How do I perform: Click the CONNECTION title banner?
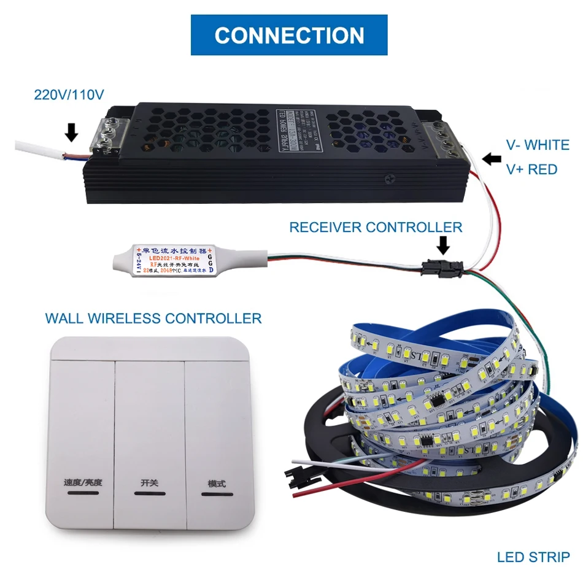tap(289, 35)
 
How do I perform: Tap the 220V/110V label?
tap(69, 95)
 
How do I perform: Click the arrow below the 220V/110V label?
tap(71, 130)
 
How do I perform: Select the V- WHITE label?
tap(537, 145)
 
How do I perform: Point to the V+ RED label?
tap(531, 169)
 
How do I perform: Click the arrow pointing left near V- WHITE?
tap(492, 159)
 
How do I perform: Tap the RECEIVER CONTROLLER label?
tap(376, 227)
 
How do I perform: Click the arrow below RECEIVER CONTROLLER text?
tap(443, 245)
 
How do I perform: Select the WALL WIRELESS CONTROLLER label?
tap(153, 318)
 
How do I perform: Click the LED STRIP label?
tap(533, 557)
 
